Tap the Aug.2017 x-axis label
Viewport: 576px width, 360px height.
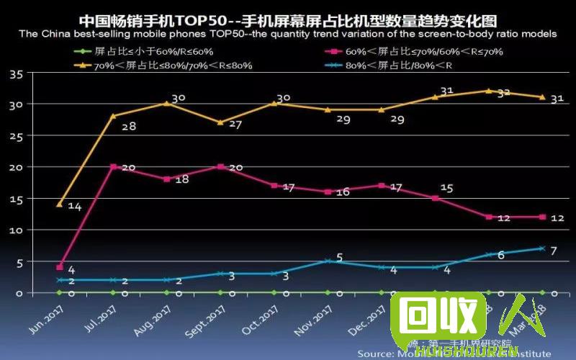point(155,317)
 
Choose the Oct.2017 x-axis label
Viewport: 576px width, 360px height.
point(264,317)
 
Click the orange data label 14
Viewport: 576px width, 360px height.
point(74,207)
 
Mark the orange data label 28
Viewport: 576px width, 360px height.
point(129,127)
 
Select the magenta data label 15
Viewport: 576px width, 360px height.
point(446,188)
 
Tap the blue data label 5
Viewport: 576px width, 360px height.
point(339,257)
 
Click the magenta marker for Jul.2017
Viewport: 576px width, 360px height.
point(113,167)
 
